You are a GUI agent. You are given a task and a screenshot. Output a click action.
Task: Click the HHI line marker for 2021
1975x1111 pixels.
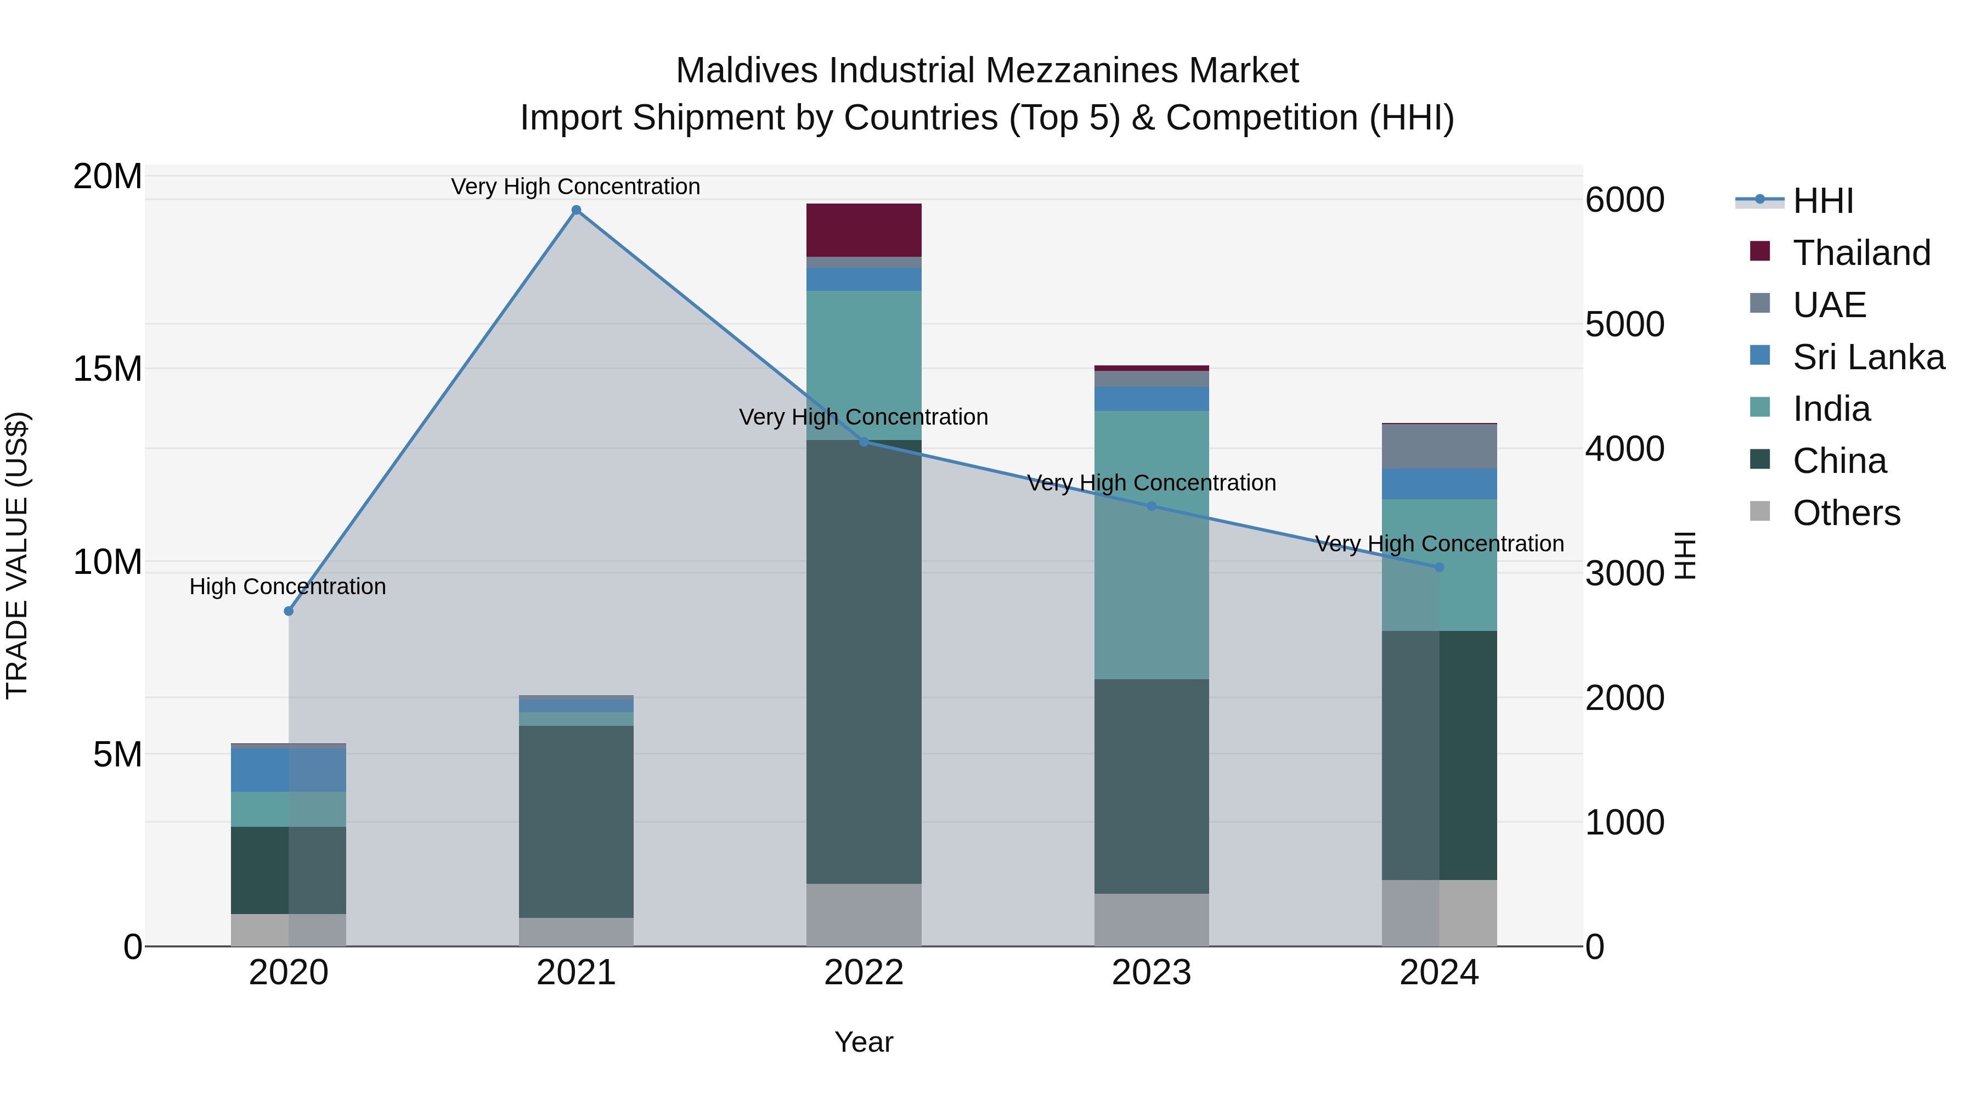click(577, 210)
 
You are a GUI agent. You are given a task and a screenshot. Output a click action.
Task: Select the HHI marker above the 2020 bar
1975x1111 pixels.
click(288, 611)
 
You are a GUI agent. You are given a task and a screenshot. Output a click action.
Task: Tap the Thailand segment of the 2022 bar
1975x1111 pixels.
click(864, 230)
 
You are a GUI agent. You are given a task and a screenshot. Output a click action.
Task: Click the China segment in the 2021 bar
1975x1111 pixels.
click(576, 820)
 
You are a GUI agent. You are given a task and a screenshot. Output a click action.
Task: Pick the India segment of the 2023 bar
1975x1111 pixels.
click(1151, 544)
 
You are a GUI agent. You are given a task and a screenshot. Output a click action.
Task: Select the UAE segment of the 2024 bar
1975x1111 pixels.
click(1438, 446)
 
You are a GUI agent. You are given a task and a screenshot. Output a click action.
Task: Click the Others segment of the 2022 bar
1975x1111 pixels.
click(864, 914)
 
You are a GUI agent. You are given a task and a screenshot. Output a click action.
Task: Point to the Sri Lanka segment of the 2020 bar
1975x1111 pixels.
click(288, 769)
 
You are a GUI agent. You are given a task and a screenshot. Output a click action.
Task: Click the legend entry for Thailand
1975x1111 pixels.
click(1861, 252)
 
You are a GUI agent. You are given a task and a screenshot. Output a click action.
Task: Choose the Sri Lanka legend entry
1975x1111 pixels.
click(1867, 357)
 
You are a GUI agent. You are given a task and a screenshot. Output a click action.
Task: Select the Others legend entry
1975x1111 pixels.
click(1846, 513)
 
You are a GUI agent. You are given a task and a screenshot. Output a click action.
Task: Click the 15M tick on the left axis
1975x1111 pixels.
click(108, 369)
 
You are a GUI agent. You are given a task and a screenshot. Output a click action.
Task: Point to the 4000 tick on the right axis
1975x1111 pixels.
click(1624, 449)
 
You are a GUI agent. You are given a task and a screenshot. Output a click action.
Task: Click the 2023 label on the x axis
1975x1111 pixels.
click(1151, 973)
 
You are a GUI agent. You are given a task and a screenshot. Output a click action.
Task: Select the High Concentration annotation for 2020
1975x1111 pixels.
click(287, 586)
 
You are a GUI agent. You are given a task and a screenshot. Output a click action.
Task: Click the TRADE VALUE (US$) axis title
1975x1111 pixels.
click(17, 555)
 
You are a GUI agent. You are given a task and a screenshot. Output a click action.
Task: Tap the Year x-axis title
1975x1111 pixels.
click(864, 1042)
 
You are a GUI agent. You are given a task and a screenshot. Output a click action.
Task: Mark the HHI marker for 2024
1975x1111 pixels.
click(1438, 567)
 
